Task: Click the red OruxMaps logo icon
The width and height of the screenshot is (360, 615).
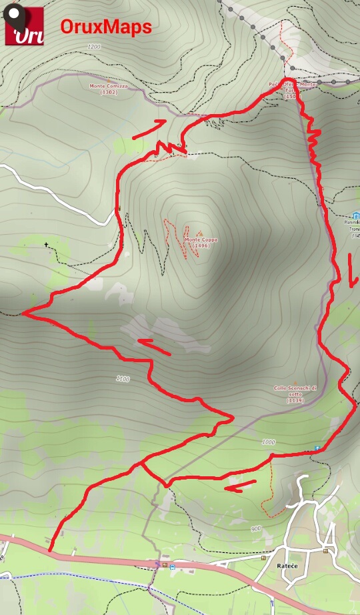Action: (x=25, y=26)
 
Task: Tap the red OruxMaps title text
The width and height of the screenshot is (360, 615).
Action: (x=106, y=27)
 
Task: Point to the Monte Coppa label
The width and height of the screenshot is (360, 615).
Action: (x=201, y=243)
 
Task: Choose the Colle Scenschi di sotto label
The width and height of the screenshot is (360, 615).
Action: (x=295, y=394)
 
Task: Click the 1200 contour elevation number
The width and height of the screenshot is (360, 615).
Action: (x=93, y=47)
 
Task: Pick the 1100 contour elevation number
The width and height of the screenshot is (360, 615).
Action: (x=122, y=379)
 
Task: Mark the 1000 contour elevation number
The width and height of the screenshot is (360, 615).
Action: (x=268, y=442)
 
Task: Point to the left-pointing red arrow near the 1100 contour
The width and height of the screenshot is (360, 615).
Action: (x=154, y=346)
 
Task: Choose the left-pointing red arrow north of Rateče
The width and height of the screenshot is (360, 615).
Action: (x=240, y=485)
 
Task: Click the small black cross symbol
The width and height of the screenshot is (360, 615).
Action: (x=47, y=245)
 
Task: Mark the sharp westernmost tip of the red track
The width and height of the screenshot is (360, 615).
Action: (x=23, y=312)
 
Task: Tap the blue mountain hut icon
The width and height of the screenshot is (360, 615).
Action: (x=356, y=215)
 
